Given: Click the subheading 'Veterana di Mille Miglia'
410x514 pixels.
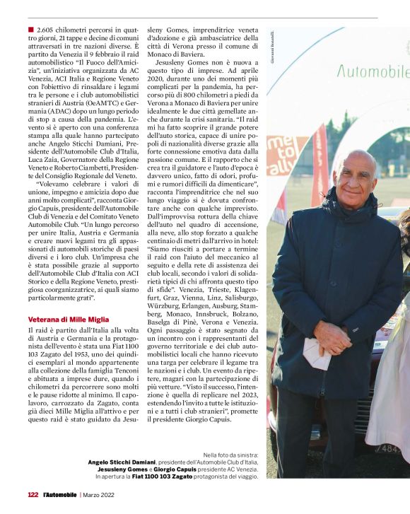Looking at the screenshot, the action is tap(69, 319).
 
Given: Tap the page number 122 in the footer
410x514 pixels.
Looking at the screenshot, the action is tap(33, 494).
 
